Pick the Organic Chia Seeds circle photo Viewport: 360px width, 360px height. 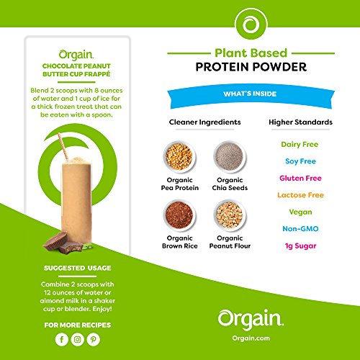tap(228, 156)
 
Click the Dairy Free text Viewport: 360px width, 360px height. tap(300, 144)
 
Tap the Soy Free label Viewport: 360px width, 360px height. tap(300, 161)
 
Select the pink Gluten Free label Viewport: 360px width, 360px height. tap(300, 177)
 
